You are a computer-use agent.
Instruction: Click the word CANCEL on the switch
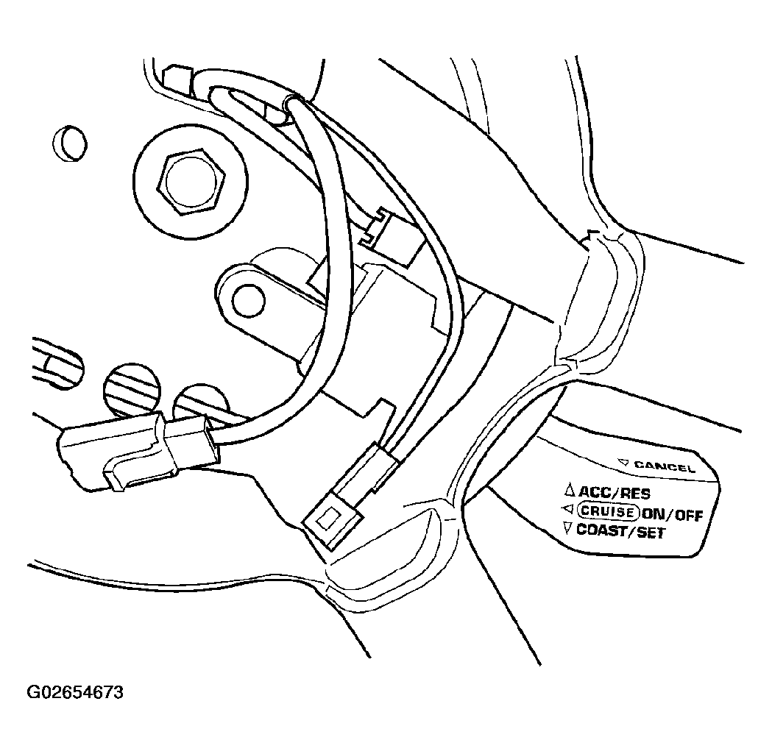pos(664,466)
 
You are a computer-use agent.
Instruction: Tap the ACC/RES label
pos(614,492)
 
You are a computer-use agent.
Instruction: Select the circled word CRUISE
pos(607,511)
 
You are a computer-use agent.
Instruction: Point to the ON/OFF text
pos(672,514)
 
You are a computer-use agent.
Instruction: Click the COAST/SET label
pos(620,531)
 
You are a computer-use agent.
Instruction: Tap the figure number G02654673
pos(75,692)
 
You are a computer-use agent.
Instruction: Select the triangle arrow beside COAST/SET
pos(568,529)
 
